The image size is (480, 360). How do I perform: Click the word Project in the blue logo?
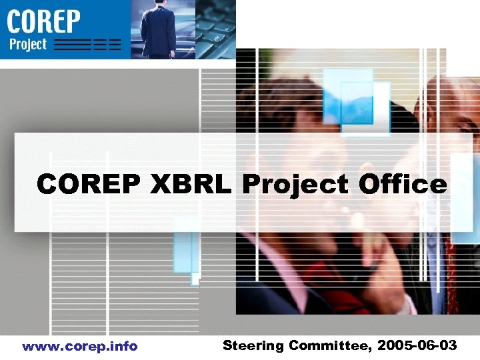tap(29, 45)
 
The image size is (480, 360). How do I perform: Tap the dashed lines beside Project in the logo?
tap(87, 45)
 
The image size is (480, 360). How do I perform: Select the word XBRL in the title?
tap(193, 184)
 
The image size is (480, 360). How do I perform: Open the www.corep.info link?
tap(79, 346)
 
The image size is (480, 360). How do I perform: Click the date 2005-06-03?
tap(417, 345)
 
